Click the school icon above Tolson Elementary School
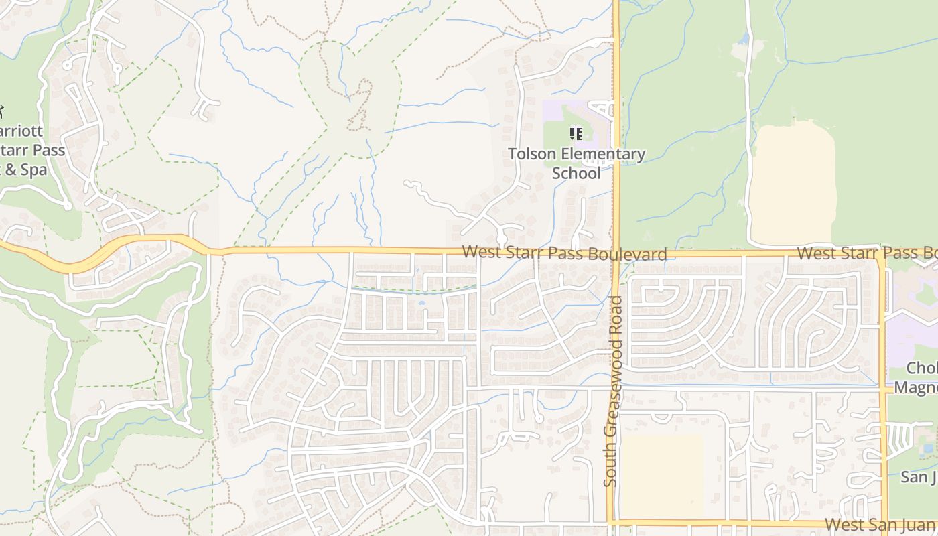576,134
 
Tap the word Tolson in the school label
532,155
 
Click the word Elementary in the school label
602,155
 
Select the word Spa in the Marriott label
33,170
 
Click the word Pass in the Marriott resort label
46,149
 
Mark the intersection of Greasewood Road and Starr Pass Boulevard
616,254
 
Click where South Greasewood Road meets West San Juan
612,522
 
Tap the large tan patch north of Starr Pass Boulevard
793,184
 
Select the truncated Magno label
915,387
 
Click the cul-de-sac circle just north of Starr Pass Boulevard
501,239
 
